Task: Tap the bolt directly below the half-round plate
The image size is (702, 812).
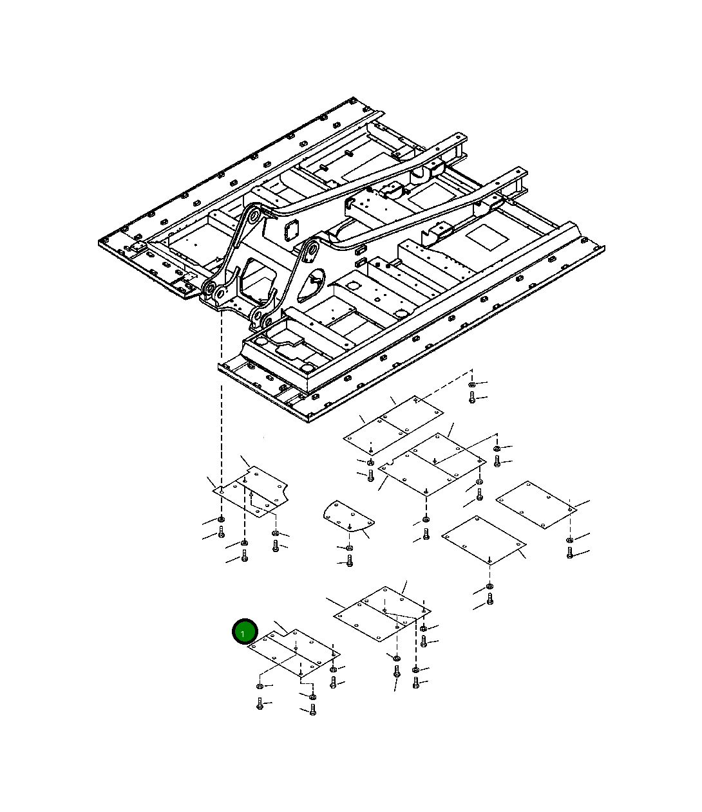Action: pyautogui.click(x=350, y=560)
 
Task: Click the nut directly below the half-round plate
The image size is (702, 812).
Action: pyautogui.click(x=349, y=548)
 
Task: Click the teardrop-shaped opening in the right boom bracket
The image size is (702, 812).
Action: pyautogui.click(x=310, y=286)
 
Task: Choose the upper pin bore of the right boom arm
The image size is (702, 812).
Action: pyautogui.click(x=312, y=250)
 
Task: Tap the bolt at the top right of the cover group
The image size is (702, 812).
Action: pyautogui.click(x=472, y=398)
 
